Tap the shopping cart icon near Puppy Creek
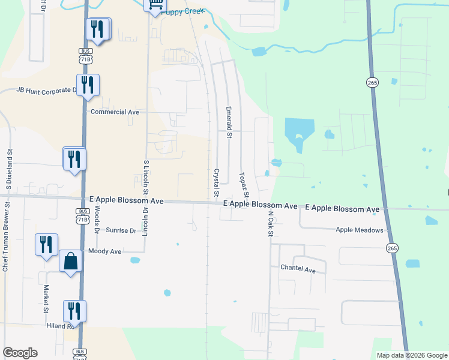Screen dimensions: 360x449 coord(155,5)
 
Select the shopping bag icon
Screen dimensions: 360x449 coord(71,262)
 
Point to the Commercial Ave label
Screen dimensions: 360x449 coord(115,112)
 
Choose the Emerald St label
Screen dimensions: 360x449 coord(229,122)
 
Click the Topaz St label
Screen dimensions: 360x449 coord(244,185)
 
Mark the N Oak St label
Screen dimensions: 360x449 coord(271,223)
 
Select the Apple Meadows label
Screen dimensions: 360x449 coord(359,230)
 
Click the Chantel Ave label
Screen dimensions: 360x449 coord(297,270)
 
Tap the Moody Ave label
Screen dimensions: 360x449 coord(104,251)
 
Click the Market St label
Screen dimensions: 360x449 coord(46,299)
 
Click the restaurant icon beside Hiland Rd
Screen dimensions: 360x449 coord(74,311)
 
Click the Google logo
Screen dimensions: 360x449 coord(20,353)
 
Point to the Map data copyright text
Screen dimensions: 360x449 coord(412,355)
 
